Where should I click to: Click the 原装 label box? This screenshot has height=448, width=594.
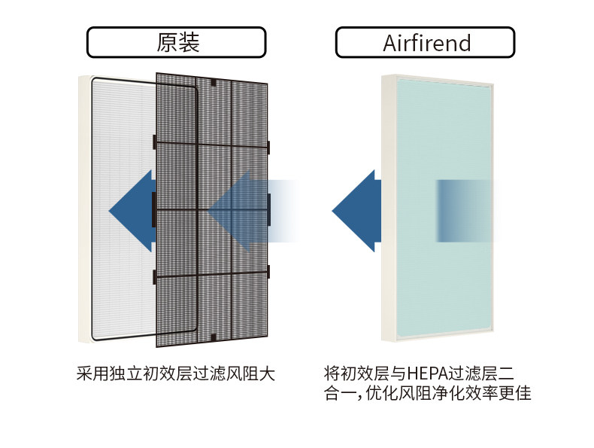(x=177, y=42)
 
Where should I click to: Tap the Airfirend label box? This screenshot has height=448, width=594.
(x=426, y=42)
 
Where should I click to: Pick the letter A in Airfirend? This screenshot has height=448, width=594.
(x=390, y=42)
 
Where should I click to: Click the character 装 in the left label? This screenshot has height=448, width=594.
(x=189, y=42)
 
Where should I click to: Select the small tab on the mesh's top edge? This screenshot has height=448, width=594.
(x=214, y=81)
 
